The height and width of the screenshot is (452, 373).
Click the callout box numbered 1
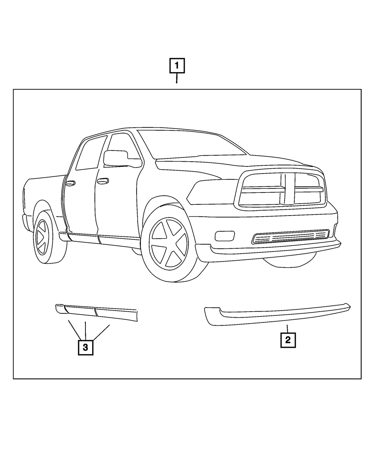click(177, 66)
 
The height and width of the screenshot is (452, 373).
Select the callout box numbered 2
click(288, 340)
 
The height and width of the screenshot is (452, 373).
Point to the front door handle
click(103, 181)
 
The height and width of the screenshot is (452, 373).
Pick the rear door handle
click(70, 183)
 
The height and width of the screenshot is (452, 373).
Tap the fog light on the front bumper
click(225, 236)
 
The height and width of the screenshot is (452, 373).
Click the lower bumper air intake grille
click(291, 236)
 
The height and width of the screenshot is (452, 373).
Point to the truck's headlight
click(213, 192)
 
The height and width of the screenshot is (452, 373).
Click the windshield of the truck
click(192, 144)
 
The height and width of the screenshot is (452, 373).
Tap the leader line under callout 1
click(177, 78)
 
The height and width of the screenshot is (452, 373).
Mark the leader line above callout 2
click(287, 329)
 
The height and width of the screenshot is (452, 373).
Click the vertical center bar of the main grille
click(290, 188)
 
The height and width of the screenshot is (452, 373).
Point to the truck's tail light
click(24, 198)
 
